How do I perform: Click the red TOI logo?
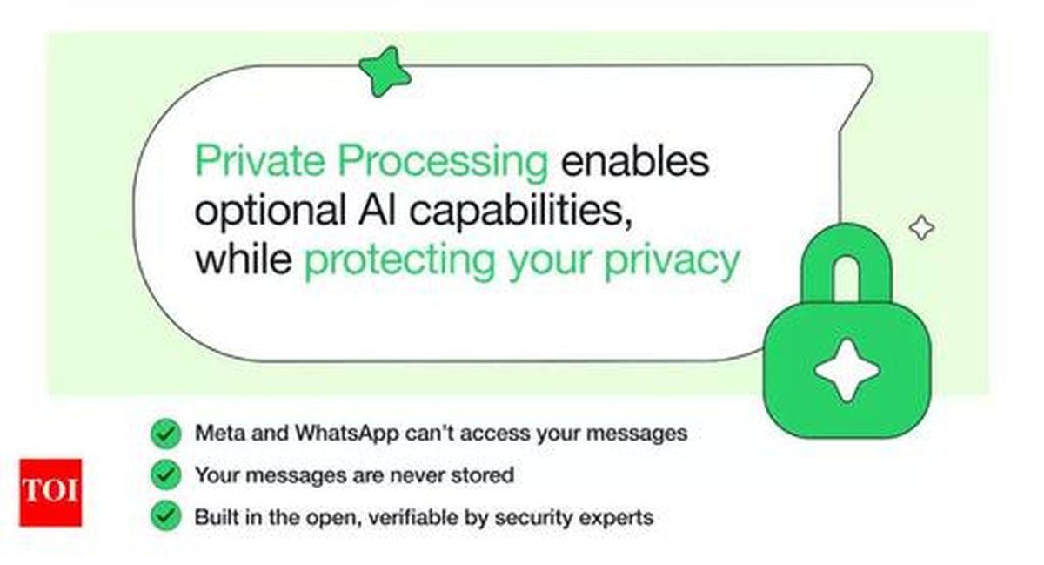(x=50, y=492)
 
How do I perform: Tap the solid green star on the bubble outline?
(x=385, y=72)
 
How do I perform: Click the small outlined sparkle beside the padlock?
(x=922, y=228)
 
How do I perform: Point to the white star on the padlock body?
(x=847, y=370)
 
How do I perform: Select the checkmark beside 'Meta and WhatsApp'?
(x=166, y=434)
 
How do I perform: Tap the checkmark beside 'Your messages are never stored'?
(x=166, y=474)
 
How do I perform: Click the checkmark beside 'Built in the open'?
(x=166, y=516)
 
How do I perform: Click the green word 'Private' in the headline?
(x=260, y=160)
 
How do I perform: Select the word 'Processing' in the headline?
(x=443, y=164)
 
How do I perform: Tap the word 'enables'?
(x=635, y=160)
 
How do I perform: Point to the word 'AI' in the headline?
(x=377, y=210)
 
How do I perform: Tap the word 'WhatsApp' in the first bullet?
(x=347, y=434)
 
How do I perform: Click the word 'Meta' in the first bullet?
(x=220, y=433)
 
